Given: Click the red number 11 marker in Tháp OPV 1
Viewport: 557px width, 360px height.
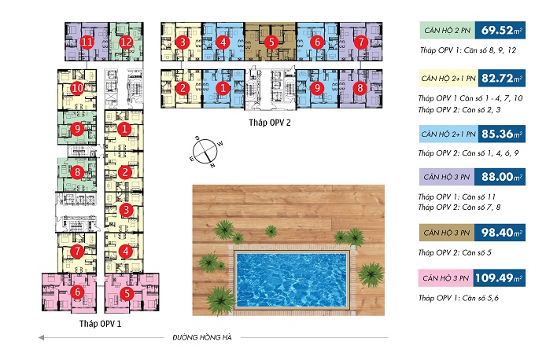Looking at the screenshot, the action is (87, 42).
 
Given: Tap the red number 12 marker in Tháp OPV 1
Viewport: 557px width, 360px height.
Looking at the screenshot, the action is (126, 42).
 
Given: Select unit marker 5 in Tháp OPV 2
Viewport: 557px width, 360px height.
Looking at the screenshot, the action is (271, 42).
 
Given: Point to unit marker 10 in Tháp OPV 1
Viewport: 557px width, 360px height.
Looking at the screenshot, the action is (77, 88).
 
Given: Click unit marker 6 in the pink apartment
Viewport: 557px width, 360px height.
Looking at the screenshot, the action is (77, 292).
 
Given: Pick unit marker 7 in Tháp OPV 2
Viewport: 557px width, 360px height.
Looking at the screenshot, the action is (361, 42).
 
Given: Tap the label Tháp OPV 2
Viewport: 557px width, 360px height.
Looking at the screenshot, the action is (270, 123).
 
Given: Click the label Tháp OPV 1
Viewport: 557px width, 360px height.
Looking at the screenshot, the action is (100, 324).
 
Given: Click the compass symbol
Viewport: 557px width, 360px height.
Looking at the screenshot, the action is (205, 152).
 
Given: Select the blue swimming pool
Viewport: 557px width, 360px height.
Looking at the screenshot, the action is (291, 280).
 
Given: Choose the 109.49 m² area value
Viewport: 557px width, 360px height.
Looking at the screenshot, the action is (499, 277).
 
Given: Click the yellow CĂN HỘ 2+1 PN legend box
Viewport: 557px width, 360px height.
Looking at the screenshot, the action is (448, 79).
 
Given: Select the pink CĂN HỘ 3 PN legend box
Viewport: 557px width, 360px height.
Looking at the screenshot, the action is (446, 278).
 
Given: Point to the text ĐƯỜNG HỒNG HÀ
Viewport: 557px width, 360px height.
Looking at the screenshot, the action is (202, 337).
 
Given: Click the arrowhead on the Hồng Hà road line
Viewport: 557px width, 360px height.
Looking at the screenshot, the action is (41, 337).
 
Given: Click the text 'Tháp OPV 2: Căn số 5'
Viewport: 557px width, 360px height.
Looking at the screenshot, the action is (455, 253).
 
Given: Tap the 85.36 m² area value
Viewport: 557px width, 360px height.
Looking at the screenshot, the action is (502, 134).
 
